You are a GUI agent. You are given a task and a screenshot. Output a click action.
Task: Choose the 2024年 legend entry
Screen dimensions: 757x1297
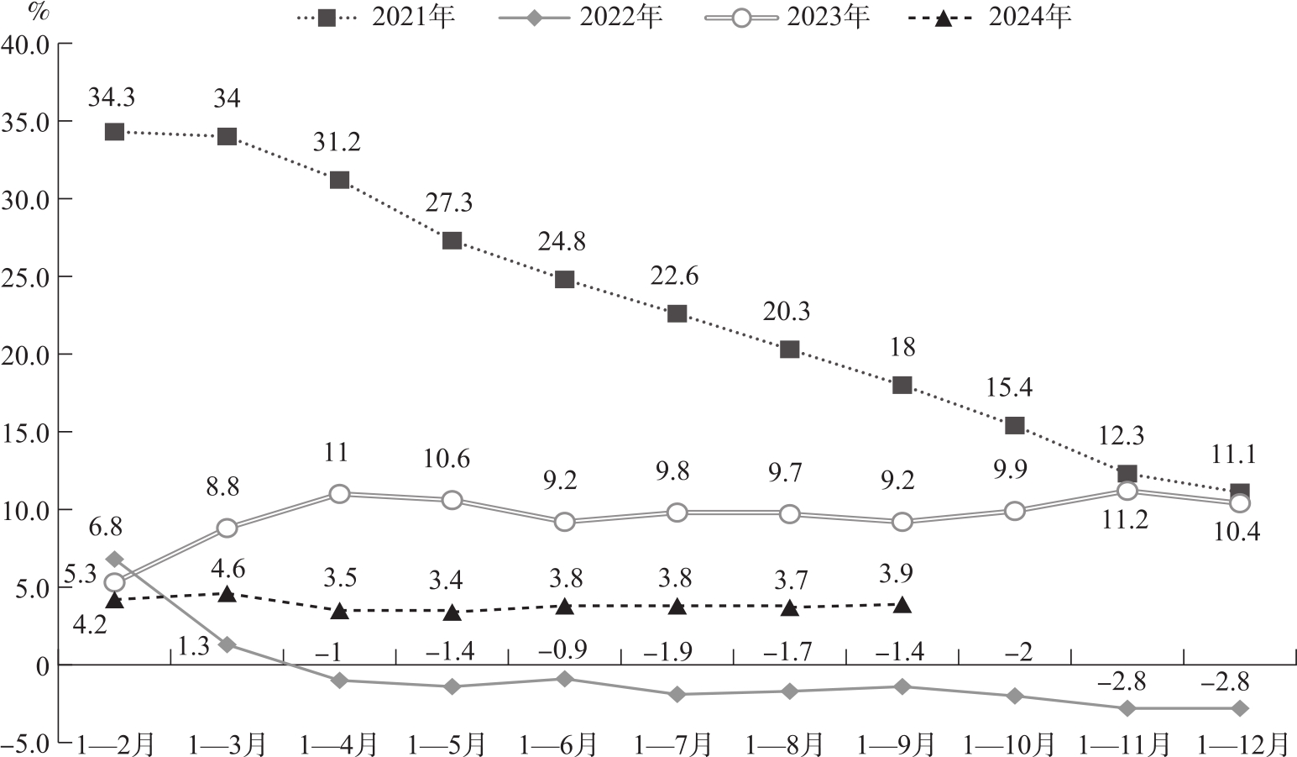[x=990, y=18]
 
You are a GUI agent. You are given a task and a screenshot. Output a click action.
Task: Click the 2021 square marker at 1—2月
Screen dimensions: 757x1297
[x=114, y=132]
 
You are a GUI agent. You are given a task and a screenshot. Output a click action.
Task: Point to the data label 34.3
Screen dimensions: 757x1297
[x=112, y=98]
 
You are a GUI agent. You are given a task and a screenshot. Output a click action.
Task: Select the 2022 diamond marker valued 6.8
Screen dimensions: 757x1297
[x=115, y=560]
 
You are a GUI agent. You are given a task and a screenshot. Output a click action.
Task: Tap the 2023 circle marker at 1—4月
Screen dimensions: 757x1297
[x=339, y=494]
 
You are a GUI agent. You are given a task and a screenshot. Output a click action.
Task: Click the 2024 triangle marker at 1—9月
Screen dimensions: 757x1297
[x=902, y=605]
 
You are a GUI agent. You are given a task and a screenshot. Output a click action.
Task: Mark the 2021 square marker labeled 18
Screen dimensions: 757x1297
[x=902, y=386]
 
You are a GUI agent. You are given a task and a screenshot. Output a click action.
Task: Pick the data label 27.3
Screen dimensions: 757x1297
[x=450, y=202]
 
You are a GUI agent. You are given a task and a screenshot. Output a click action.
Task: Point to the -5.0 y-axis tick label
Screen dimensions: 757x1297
[x=25, y=743]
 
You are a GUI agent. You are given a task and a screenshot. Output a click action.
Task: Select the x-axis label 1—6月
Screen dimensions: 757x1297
[x=558, y=744]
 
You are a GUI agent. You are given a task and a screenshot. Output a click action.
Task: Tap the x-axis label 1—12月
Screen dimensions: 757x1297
[x=1242, y=744]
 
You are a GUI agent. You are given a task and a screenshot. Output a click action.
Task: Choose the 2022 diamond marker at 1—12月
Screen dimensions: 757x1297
[x=1239, y=708]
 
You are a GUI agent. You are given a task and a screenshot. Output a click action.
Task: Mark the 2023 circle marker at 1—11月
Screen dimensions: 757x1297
[x=1127, y=491]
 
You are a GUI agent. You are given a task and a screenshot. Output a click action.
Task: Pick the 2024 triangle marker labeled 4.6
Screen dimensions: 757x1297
[x=227, y=594]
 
